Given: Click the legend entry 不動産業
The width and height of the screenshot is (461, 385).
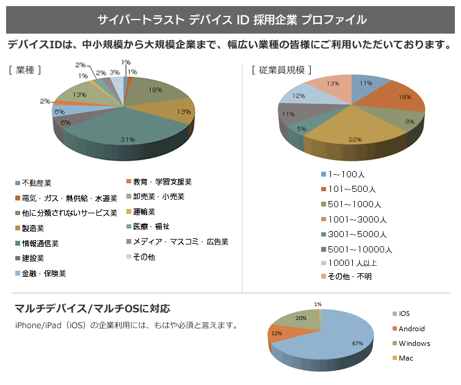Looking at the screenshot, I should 37,183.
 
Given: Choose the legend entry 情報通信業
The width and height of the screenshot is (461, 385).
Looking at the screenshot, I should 40,243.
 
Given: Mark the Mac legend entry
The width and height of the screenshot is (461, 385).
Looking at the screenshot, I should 406,358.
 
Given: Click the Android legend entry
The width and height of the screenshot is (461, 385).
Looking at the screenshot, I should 412,329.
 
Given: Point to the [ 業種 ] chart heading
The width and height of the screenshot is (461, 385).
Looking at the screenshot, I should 25,69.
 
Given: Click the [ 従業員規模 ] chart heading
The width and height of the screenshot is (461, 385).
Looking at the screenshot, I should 281,69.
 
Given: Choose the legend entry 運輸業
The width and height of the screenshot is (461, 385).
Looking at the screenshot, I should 144,211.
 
